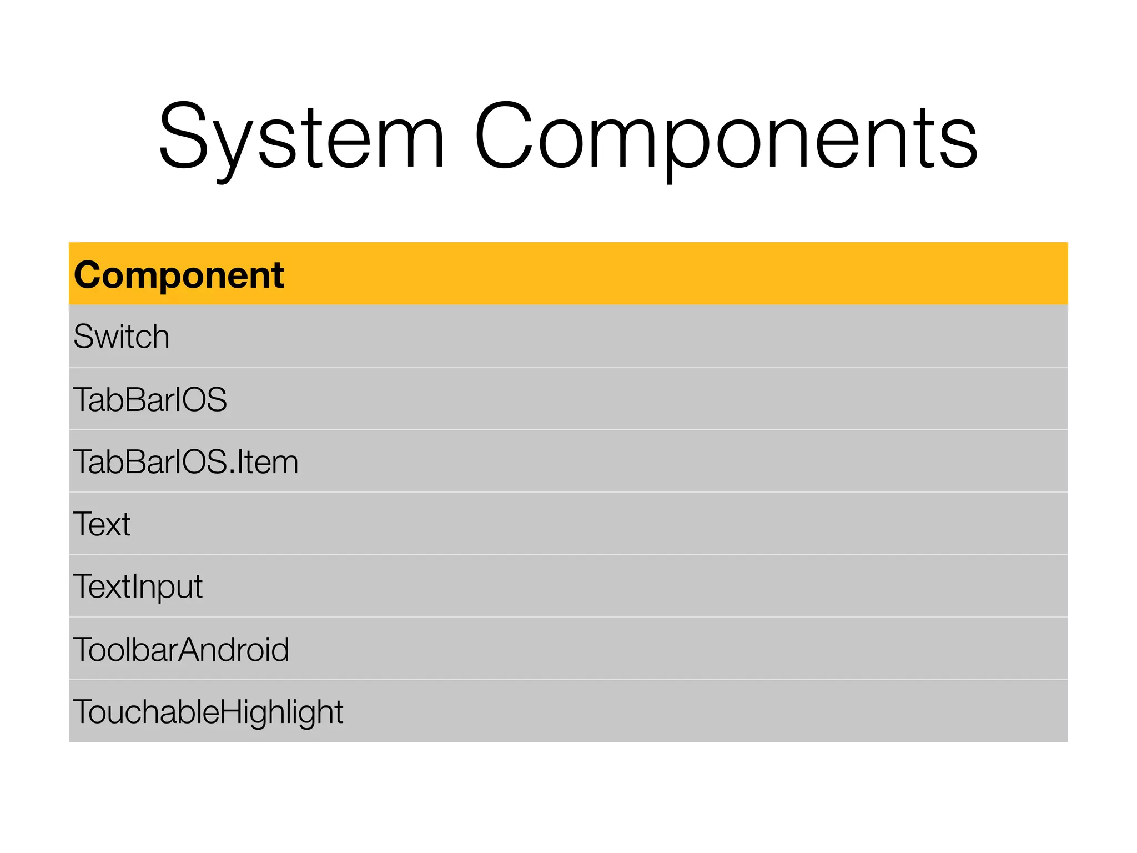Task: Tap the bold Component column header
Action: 179,275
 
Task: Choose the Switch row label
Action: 121,337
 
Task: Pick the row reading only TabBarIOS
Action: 150,399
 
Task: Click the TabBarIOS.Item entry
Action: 185,462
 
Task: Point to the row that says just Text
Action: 102,524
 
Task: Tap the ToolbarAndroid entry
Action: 181,649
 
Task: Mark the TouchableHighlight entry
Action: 208,712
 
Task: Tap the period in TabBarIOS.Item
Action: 231,472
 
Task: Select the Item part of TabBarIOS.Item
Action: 268,462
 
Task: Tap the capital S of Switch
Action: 83,337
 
